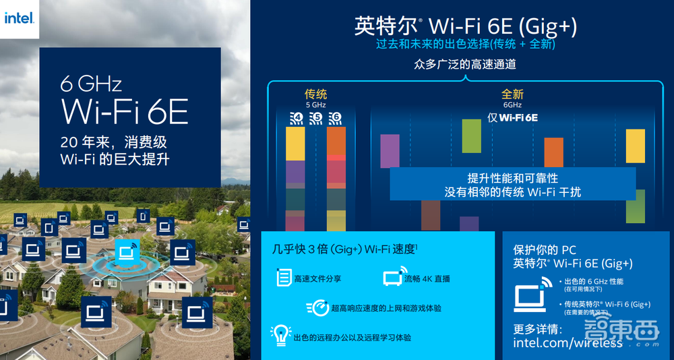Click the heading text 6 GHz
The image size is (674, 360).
(x=91, y=84)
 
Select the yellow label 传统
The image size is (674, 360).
(x=316, y=94)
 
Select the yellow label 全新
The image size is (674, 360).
(x=512, y=94)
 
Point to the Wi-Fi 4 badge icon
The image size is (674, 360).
(x=296, y=119)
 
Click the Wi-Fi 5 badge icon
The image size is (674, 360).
(x=315, y=119)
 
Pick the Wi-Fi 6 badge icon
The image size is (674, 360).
(x=335, y=119)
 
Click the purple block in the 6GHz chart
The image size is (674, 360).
(x=390, y=151)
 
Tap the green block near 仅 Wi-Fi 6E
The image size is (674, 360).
(x=471, y=136)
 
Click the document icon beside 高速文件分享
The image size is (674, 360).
(x=284, y=277)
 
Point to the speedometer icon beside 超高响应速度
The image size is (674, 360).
(x=317, y=307)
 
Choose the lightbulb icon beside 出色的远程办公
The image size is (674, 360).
(x=280, y=335)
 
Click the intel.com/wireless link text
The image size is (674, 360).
(x=568, y=343)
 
